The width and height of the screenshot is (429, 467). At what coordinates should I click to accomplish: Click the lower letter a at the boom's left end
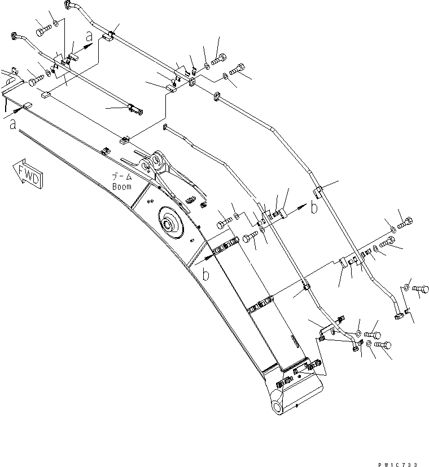(x=12, y=124)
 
